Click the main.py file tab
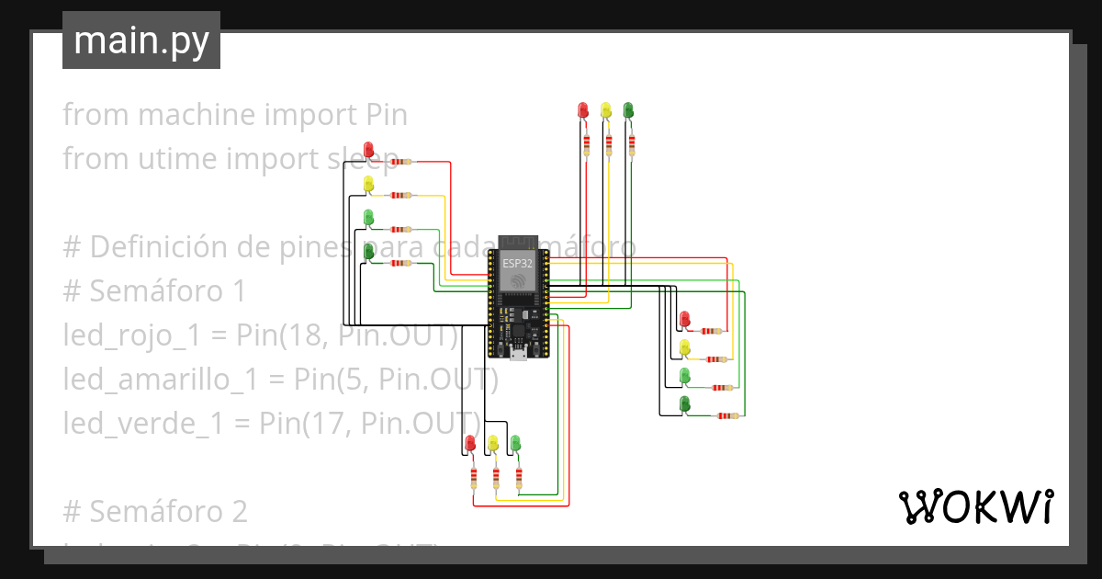pyautogui.click(x=141, y=40)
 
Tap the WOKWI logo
pyautogui.click(x=974, y=507)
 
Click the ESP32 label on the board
pyautogui.click(x=516, y=263)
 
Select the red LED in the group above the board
pyautogui.click(x=582, y=110)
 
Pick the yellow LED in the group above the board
pyautogui.click(x=605, y=110)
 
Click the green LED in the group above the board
pyautogui.click(x=628, y=110)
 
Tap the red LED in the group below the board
pyautogui.click(x=471, y=443)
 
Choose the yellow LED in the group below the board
pyautogui.click(x=493, y=443)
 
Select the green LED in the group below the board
pyautogui.click(x=515, y=443)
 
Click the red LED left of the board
pyautogui.click(x=368, y=149)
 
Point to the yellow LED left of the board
pyautogui.click(x=368, y=183)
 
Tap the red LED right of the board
pyautogui.click(x=684, y=319)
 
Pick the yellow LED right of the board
pyautogui.click(x=684, y=346)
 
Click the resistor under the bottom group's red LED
pyautogui.click(x=474, y=477)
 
